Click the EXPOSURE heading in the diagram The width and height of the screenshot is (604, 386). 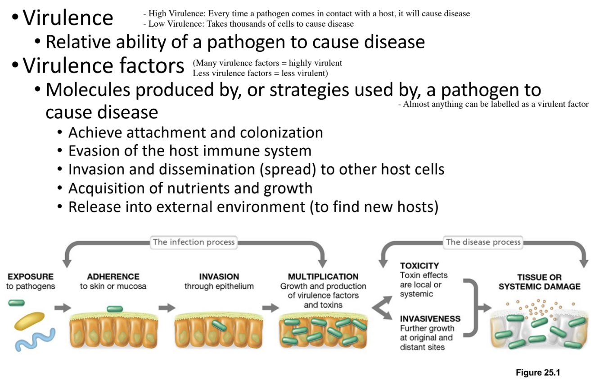(31, 276)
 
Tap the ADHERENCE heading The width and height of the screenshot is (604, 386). (113, 276)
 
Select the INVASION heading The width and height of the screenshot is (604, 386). (219, 276)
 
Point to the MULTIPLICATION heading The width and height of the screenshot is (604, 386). (323, 276)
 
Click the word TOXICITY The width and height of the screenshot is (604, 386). (419, 266)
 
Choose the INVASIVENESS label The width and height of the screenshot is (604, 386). (430, 319)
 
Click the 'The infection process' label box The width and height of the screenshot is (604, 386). (194, 242)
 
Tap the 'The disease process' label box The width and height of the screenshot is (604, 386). (483, 242)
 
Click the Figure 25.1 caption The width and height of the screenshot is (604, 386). (538, 373)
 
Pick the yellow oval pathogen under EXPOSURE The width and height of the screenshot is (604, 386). (29, 321)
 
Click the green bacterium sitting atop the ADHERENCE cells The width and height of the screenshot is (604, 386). (114, 309)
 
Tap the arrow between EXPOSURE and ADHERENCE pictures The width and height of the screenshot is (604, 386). (63, 308)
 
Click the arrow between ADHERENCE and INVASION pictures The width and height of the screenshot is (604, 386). (167, 308)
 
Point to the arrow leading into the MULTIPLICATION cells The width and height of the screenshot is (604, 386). (270, 308)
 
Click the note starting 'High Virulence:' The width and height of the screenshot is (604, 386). (306, 14)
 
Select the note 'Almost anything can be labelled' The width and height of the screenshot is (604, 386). (493, 104)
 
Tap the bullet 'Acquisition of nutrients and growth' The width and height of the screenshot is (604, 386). (190, 188)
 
